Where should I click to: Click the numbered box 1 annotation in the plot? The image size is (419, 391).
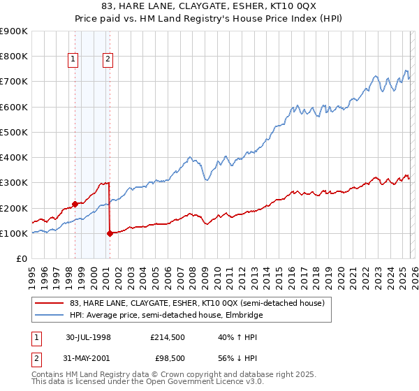[x=73, y=60]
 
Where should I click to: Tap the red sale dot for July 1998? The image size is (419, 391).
[x=75, y=205]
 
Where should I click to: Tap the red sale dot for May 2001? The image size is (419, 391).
[x=110, y=234]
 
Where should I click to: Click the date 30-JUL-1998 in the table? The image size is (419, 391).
[x=89, y=336]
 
